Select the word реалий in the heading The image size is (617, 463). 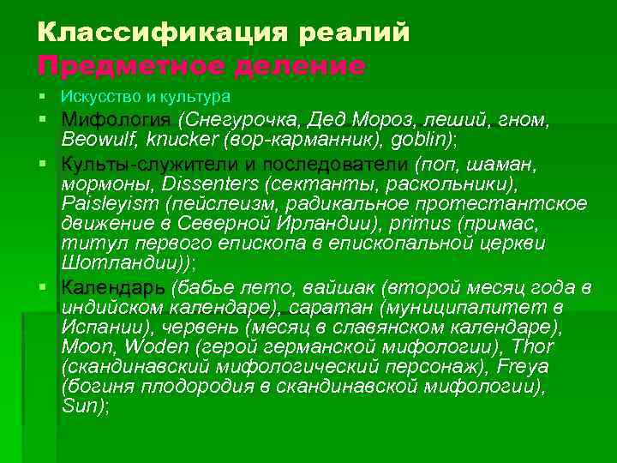(355, 33)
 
